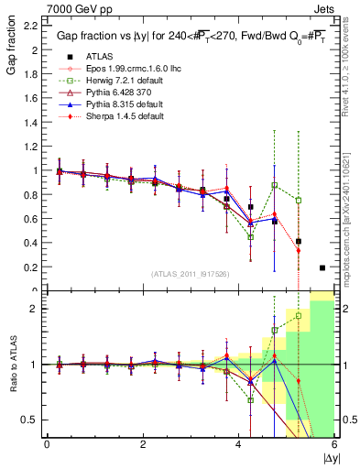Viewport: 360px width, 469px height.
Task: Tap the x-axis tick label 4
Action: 239,444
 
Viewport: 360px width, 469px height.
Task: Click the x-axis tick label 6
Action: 334,444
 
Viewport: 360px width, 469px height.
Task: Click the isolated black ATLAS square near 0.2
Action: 322,267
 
